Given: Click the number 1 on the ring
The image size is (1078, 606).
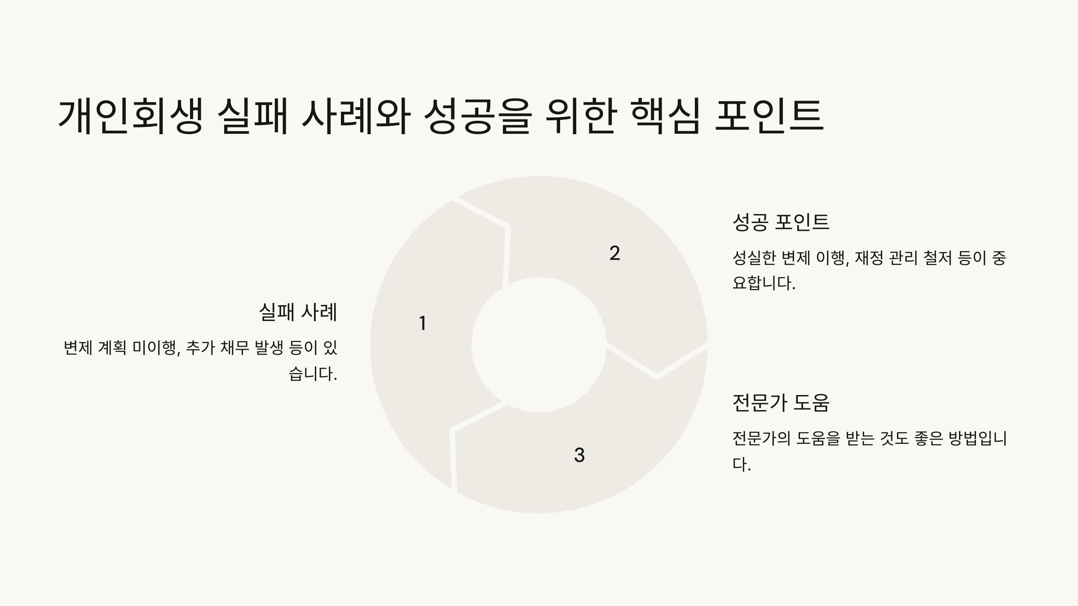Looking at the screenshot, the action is pos(422,323).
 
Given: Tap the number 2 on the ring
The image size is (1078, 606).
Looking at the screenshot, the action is pos(614,254).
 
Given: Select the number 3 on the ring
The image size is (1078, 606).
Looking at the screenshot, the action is pos(579,455).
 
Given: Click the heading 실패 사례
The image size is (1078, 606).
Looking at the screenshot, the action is pos(298,312).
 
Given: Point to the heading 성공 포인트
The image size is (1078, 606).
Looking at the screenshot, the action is pos(781,222).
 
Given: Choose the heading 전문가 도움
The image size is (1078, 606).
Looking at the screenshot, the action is pos(781,403).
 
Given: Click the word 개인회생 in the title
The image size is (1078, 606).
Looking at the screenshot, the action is pos(130,116).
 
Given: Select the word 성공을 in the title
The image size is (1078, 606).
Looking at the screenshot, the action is pos(477,116).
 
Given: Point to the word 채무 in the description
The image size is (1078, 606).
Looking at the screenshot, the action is pos(234,348).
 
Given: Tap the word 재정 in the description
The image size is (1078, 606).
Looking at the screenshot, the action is pos(869,258).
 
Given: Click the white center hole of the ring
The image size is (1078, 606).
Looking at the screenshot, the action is pos(539,345).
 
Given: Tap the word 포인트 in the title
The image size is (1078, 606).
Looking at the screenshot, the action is pos(769,116).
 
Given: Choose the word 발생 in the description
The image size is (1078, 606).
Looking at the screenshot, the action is pos(269,348).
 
